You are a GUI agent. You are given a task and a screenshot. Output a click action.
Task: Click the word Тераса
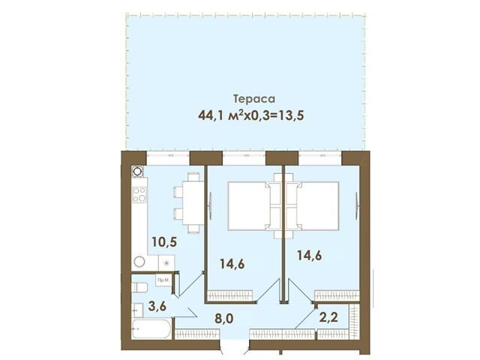[254, 99]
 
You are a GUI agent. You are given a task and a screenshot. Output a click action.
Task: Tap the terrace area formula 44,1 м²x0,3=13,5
[251, 115]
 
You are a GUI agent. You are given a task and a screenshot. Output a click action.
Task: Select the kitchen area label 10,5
[164, 241]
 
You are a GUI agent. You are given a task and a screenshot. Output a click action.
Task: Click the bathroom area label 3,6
[157, 305]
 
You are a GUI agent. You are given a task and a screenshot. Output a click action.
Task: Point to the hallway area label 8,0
[223, 319]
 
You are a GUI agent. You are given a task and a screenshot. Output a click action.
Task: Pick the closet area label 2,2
[328, 317]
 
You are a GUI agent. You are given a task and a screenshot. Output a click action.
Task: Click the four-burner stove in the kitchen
[139, 195]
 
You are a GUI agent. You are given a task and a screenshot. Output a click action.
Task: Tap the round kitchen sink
[139, 262]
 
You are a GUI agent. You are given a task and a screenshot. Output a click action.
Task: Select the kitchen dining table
[193, 203]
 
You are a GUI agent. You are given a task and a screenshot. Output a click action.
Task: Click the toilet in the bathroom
[139, 287]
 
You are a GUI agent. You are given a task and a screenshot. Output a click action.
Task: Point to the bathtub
[151, 329]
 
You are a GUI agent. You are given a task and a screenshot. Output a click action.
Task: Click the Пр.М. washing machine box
[163, 280]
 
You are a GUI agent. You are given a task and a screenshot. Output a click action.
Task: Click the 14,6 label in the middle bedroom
[232, 263]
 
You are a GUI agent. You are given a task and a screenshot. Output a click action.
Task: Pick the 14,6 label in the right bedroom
[310, 255]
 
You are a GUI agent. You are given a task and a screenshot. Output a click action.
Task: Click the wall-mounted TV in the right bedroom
[357, 205]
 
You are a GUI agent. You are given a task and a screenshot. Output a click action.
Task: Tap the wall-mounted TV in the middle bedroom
[210, 205]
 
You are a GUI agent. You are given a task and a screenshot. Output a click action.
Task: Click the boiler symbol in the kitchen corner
[137, 172]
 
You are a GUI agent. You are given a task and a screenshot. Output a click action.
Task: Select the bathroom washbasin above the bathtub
[137, 310]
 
